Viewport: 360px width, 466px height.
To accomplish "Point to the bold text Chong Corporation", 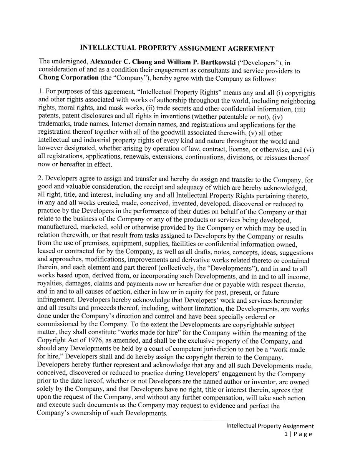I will (x=68, y=78).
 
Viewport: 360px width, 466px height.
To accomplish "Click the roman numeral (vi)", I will (x=309, y=149).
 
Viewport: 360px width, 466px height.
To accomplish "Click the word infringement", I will (x=55, y=301).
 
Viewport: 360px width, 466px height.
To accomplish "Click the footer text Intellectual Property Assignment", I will (x=270, y=426).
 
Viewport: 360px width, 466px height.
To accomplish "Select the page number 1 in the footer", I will (x=286, y=434).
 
